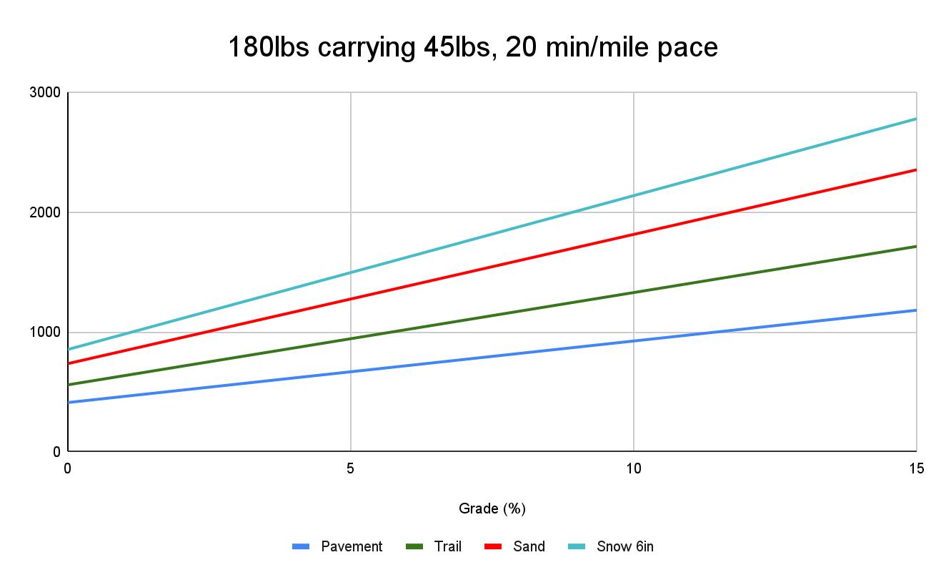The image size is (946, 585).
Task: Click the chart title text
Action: [x=472, y=48]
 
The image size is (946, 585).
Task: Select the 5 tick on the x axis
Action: [x=351, y=468]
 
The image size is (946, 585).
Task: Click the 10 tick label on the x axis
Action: [x=634, y=468]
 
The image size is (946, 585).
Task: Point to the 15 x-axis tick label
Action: [x=916, y=468]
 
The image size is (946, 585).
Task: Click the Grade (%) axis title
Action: [x=492, y=508]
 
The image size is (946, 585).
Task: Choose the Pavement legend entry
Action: [x=352, y=547]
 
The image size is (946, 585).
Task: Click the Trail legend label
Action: [x=447, y=547]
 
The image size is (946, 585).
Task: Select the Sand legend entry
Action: [x=529, y=547]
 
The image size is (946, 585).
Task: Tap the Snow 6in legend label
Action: [x=625, y=547]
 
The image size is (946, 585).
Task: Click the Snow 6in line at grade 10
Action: [x=634, y=196]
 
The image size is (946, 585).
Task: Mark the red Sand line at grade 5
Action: [x=351, y=299]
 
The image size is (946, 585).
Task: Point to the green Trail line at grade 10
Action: [x=634, y=292]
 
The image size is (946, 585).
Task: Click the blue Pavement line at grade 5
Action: [x=351, y=372]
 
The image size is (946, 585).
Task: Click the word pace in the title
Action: [x=688, y=48]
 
